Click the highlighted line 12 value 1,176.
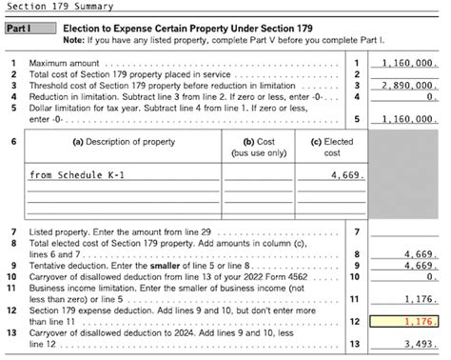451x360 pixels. point(420,323)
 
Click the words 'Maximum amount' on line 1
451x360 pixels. point(58,63)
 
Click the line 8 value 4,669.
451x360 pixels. point(420,254)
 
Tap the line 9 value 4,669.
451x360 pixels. point(420,266)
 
